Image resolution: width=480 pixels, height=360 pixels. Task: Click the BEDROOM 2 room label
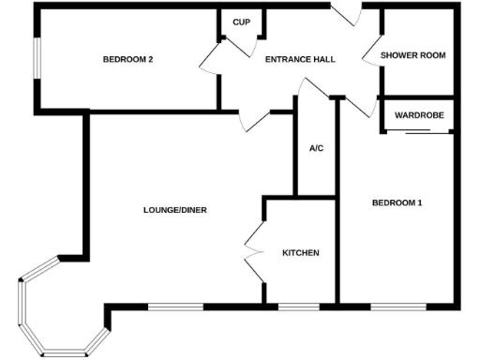tap(127, 59)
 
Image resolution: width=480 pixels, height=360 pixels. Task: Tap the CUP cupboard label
tap(241, 22)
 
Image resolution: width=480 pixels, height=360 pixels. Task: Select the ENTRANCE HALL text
tap(300, 59)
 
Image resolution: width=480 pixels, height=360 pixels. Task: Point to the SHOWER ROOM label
tap(412, 55)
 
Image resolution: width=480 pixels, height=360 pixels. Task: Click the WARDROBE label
tap(418, 115)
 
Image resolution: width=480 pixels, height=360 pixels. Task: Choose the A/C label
tap(316, 148)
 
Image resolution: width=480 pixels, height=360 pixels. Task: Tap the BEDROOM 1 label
tap(397, 202)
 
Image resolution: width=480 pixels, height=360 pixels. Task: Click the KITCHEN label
tap(301, 253)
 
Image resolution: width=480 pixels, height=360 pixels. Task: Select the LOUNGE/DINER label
tap(175, 209)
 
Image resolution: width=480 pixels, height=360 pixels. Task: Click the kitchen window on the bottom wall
tap(299, 307)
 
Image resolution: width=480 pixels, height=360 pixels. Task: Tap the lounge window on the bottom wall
tap(175, 307)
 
